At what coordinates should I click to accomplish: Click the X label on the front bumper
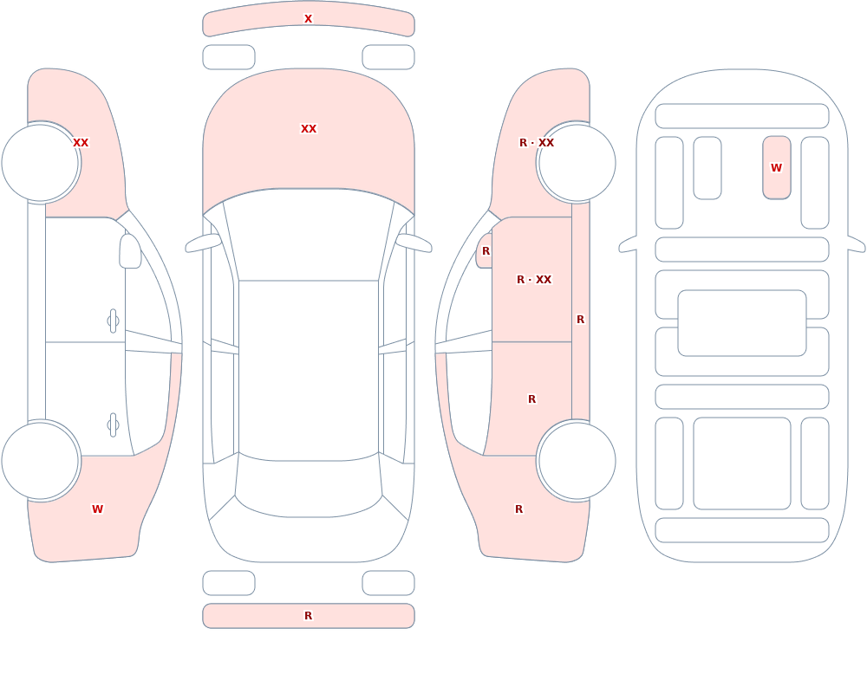(x=308, y=19)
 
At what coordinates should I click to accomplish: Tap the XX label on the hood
(x=309, y=129)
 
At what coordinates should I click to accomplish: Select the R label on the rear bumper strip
(x=308, y=616)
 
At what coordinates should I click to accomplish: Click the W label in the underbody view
(x=776, y=167)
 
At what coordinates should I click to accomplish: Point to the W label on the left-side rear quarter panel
(x=97, y=509)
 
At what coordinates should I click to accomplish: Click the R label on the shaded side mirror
(x=486, y=251)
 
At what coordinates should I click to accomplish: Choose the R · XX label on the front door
(x=534, y=280)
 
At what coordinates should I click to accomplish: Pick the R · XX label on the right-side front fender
(x=537, y=143)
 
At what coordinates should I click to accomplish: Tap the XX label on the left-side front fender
(x=81, y=143)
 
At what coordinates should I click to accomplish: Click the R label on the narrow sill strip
(x=580, y=320)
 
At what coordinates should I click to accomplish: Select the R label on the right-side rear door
(x=531, y=399)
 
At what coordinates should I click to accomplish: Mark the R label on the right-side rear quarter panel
(x=518, y=509)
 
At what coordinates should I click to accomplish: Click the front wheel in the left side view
(x=40, y=163)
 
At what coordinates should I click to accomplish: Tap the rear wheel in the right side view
(x=577, y=461)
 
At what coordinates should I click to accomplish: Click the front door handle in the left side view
(x=113, y=321)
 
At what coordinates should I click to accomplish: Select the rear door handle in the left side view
(x=113, y=425)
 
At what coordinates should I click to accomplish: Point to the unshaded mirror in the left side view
(x=130, y=251)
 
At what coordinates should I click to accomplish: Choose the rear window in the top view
(x=309, y=489)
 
